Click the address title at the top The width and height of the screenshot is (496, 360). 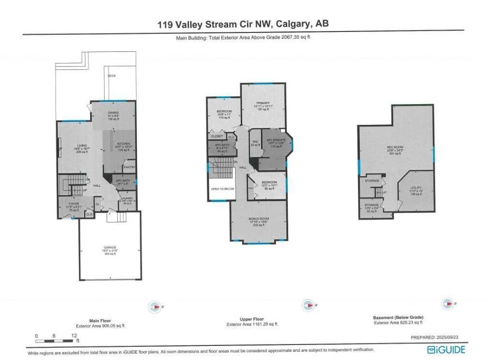[243, 24]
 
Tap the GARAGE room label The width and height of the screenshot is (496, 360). [109, 247]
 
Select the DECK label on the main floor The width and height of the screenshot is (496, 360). [111, 76]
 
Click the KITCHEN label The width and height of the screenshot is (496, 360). [122, 144]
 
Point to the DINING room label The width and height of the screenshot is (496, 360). [113, 112]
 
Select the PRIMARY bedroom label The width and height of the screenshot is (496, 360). [263, 103]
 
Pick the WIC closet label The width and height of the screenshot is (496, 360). [255, 142]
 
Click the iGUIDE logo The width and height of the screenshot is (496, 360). [446, 349]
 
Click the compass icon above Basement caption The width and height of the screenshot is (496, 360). [447, 303]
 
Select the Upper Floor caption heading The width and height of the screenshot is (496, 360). [251, 320]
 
